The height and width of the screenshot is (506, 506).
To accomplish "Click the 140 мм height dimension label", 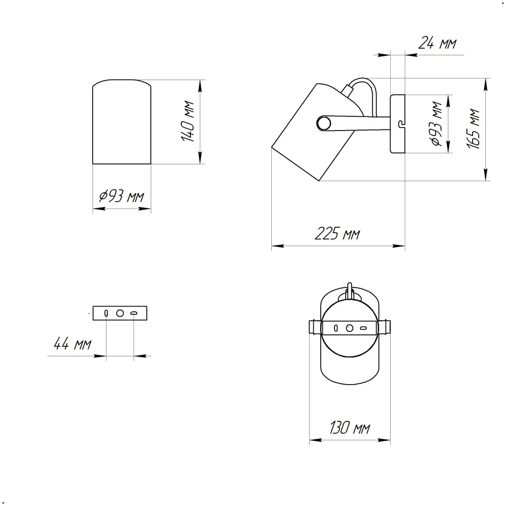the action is pos(188,121).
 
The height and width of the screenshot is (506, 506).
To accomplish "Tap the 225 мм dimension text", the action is pos(337,233).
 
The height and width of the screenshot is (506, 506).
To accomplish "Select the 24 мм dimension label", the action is pos(437,43).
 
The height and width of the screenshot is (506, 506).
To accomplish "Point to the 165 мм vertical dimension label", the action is pos(474,129).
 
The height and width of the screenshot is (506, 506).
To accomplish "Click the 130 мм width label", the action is pos(350,428).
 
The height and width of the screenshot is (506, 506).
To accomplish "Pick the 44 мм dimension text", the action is pos(72,344).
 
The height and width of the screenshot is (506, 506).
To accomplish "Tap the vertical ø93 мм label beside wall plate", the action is pos(437,123).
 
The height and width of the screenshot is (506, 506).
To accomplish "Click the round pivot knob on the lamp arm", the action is pos(324,123).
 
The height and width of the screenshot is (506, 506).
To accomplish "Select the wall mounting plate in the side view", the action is pos(398,123).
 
